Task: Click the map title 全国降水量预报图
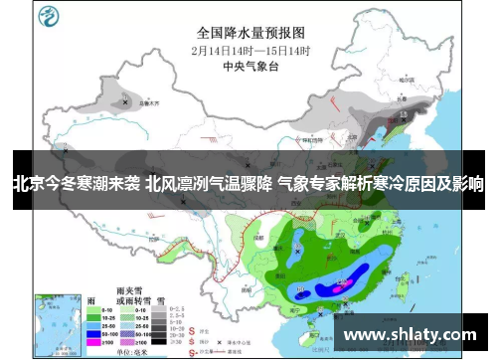[x=249, y=31]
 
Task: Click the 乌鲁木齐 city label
[x=149, y=102]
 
